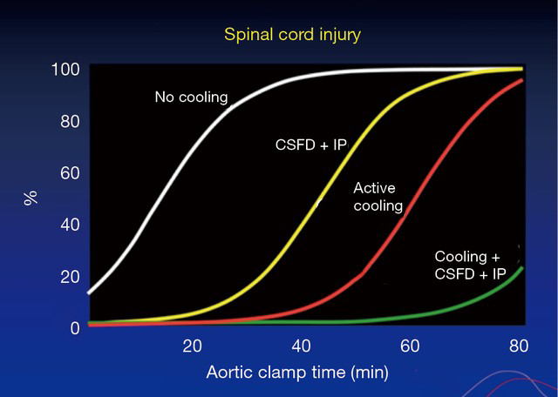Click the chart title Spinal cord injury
(x=292, y=35)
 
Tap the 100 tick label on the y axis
(x=65, y=70)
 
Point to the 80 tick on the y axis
(x=70, y=122)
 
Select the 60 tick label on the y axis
(x=70, y=173)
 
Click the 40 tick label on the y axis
(x=70, y=225)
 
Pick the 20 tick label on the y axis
(x=70, y=277)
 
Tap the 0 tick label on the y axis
(x=75, y=328)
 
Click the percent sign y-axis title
(x=31, y=198)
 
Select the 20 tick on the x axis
(x=192, y=346)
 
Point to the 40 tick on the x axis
(x=301, y=346)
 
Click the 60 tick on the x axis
(x=410, y=346)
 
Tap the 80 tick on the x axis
(x=519, y=346)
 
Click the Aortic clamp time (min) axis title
(x=297, y=373)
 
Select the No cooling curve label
(x=192, y=98)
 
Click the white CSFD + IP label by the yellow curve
(x=311, y=145)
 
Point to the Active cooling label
(x=378, y=198)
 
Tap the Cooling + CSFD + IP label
(x=470, y=266)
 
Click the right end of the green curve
(x=522, y=267)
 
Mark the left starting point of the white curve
(x=89, y=293)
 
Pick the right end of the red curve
(x=522, y=80)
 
